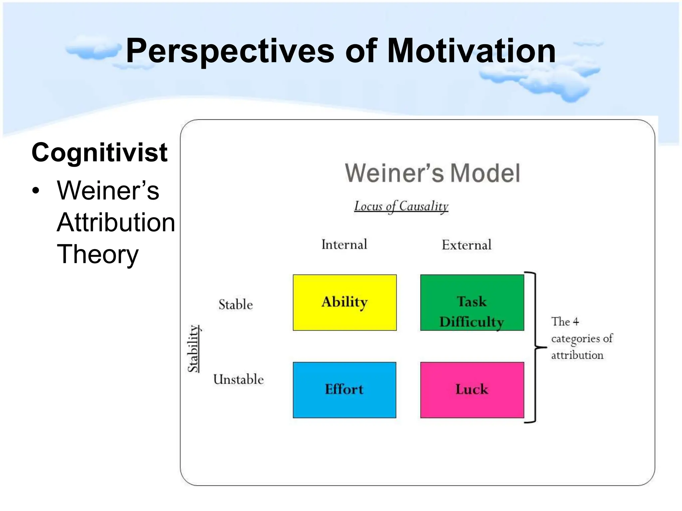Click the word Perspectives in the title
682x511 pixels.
[x=230, y=51]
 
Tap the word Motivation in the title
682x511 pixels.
[x=471, y=51]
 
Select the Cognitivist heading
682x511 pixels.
[x=99, y=152]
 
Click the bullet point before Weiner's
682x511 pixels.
[x=36, y=191]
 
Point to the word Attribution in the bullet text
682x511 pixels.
[x=116, y=222]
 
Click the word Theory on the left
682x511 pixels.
[x=98, y=254]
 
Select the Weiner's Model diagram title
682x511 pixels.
[x=432, y=173]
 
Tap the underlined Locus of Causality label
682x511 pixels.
[x=401, y=206]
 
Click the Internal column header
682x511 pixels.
[x=344, y=245]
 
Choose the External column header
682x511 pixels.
[x=466, y=245]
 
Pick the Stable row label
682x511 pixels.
[x=235, y=304]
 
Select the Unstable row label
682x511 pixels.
[x=238, y=379]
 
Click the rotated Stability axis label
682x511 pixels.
[x=193, y=348]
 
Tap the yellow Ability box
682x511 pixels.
[x=345, y=302]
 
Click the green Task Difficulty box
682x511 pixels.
[x=472, y=302]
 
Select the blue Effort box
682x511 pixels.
[x=344, y=390]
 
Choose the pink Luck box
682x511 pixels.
[x=472, y=390]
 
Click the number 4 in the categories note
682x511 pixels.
[x=576, y=322]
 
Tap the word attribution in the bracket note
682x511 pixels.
[x=577, y=355]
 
